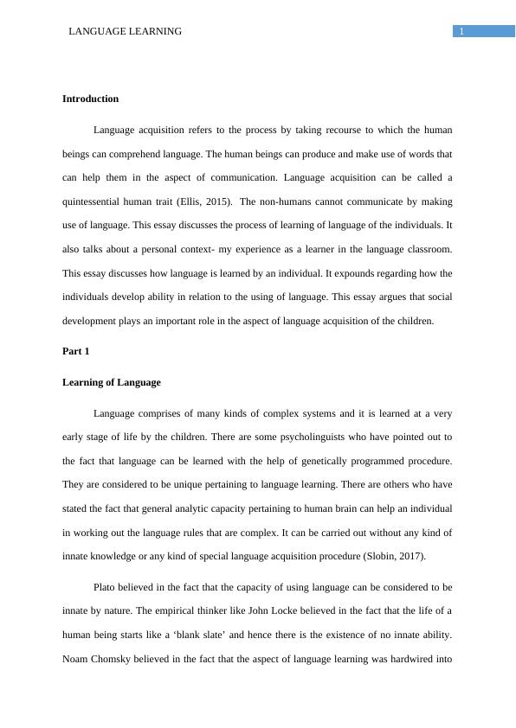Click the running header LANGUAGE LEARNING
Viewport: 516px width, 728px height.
125,31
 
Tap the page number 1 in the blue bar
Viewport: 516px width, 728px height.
462,31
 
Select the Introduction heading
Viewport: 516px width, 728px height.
90,99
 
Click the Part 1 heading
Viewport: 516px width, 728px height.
75,351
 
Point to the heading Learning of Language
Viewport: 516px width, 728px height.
111,382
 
